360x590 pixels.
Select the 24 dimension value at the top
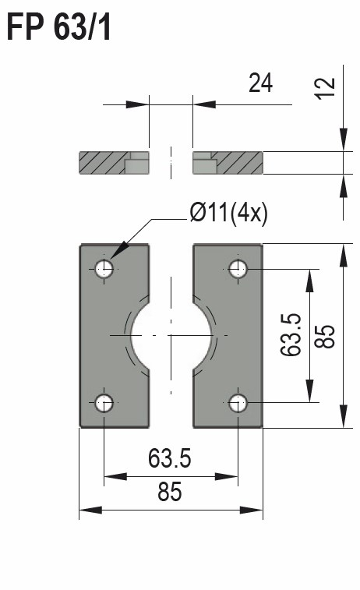click(x=260, y=83)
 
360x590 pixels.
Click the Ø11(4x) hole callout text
click(x=228, y=213)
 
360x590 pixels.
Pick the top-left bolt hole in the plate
click(x=104, y=270)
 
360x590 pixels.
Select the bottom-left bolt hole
click(x=104, y=403)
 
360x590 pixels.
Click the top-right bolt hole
click(x=238, y=270)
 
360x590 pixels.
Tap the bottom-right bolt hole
click(x=238, y=403)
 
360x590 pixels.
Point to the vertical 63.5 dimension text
click(x=291, y=335)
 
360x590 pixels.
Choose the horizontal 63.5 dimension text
click(x=170, y=459)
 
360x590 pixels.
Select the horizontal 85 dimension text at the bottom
click(x=170, y=493)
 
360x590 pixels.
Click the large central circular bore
click(x=171, y=336)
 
